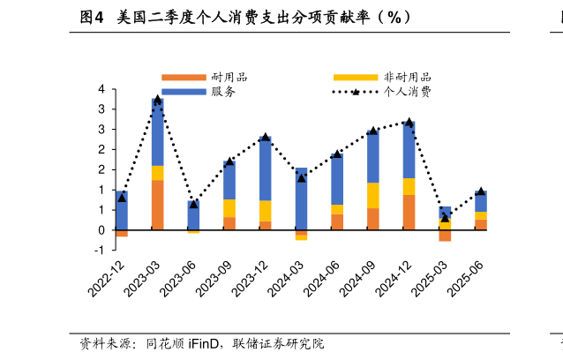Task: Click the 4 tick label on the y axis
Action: pos(101,89)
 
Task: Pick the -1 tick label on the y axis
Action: pos(100,250)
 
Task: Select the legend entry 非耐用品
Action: pos(408,78)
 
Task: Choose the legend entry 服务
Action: pos(223,92)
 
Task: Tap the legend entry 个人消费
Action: pos(408,92)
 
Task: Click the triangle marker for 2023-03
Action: pos(157,100)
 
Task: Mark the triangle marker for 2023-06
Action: pos(193,204)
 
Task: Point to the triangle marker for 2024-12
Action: pos(409,122)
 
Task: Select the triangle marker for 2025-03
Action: pos(445,217)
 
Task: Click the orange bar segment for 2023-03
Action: pos(157,205)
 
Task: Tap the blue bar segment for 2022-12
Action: pos(122,210)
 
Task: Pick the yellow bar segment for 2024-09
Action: pos(373,195)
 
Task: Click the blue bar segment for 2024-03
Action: pos(301,199)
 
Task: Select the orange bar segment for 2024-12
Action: pos(409,212)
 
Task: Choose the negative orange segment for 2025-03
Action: pos(445,236)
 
